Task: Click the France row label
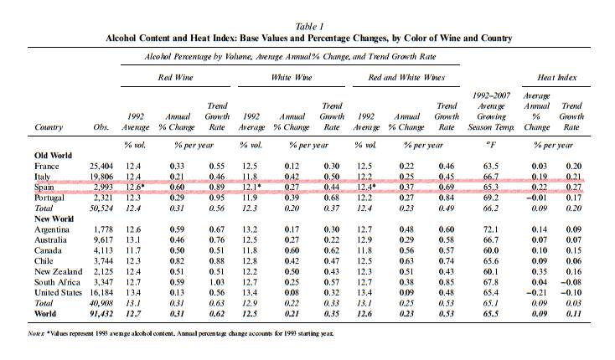pos(47,167)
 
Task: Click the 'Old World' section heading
pos(53,157)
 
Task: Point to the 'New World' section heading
pos(54,217)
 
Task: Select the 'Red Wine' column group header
pos(177,78)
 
